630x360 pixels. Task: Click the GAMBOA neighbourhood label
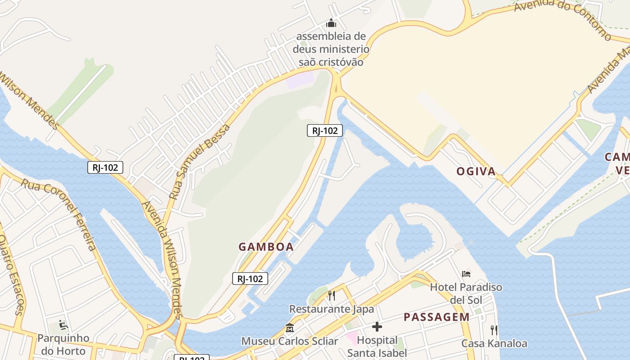click(x=266, y=247)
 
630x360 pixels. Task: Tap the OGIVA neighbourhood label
click(x=476, y=171)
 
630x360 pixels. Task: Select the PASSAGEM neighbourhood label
click(x=436, y=317)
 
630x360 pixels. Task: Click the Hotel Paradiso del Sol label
click(x=466, y=293)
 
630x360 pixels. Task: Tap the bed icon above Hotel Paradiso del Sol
click(x=466, y=274)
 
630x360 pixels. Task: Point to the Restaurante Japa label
click(x=332, y=309)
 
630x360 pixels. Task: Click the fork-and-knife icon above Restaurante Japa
click(x=332, y=295)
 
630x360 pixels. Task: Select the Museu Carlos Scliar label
click(x=289, y=341)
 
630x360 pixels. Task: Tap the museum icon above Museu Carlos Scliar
click(x=289, y=328)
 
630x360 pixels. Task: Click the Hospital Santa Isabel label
click(x=377, y=346)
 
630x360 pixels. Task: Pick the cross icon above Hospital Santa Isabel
click(x=377, y=326)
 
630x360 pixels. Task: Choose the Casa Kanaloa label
click(x=494, y=344)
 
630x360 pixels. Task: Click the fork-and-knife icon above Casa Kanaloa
click(x=494, y=330)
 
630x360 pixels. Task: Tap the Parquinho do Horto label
click(x=63, y=344)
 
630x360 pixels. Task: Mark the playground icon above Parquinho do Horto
click(x=63, y=324)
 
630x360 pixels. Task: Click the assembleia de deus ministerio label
click(x=331, y=49)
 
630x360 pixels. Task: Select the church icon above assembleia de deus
click(x=331, y=23)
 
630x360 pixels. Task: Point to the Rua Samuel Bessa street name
click(x=199, y=162)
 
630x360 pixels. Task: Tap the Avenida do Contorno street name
click(x=562, y=18)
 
